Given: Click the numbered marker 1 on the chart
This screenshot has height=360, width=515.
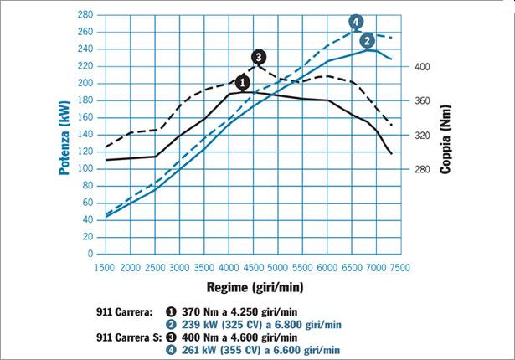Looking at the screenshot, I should [x=243, y=82].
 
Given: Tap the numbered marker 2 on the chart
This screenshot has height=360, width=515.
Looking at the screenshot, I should [x=367, y=40].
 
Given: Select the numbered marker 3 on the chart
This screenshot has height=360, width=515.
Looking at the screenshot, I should [x=259, y=56].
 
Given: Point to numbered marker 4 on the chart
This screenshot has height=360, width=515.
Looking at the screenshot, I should [x=356, y=21].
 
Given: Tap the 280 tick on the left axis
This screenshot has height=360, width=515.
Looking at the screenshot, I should [x=85, y=15].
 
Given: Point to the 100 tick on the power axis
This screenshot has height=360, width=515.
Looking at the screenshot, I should [x=85, y=168].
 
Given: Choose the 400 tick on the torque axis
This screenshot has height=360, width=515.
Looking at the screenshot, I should [x=423, y=66].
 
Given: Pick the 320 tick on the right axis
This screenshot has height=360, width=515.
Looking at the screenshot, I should [x=423, y=135].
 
